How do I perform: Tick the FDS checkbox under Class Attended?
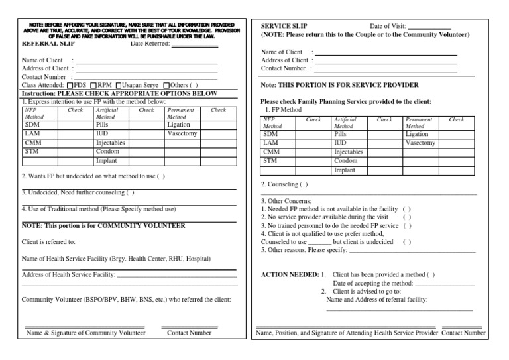(70, 85)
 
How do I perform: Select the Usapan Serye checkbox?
(119, 85)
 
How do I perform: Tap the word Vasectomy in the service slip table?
(420, 143)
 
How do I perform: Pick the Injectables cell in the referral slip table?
(110, 143)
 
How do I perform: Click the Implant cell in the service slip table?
(345, 170)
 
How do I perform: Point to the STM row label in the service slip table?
(270, 160)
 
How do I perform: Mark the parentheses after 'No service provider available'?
(407, 217)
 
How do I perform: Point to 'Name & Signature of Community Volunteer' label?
(85, 333)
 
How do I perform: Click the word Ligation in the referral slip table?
(178, 124)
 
